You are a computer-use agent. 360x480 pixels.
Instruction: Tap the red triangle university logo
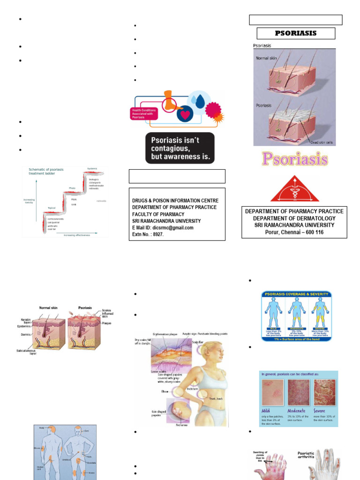(294, 189)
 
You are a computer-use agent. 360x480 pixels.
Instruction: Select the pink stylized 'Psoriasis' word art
(295, 159)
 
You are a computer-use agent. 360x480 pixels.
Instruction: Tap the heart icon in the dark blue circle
(185, 114)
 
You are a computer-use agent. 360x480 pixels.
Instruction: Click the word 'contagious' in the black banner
(171, 148)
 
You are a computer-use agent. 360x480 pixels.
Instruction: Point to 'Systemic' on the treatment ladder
(92, 168)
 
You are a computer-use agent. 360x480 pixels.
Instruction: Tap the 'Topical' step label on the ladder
(52, 208)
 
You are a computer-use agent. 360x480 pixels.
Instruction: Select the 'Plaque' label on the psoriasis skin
(106, 322)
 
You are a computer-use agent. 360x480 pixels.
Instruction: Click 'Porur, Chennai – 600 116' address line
(294, 232)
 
